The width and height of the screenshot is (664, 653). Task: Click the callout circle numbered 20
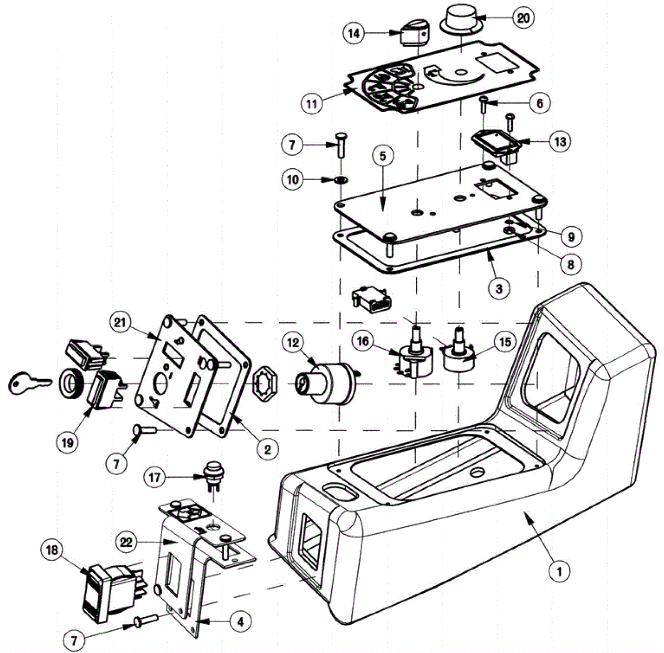coord(523,18)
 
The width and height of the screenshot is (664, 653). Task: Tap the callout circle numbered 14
coord(354,33)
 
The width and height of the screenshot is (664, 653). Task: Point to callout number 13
coord(560,142)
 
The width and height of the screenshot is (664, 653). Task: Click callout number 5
coord(382,156)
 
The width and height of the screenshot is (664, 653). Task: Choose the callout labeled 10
coord(293,180)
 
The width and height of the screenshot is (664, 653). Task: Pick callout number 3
coord(499,288)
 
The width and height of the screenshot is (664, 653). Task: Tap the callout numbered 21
coord(120,322)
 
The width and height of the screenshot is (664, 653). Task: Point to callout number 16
coord(363,341)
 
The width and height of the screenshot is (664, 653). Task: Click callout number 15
coord(505,342)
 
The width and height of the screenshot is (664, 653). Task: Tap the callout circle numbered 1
coord(559,572)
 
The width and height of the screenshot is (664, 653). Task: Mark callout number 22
coord(126,542)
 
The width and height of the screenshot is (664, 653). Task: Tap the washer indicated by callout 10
coord(340,180)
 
